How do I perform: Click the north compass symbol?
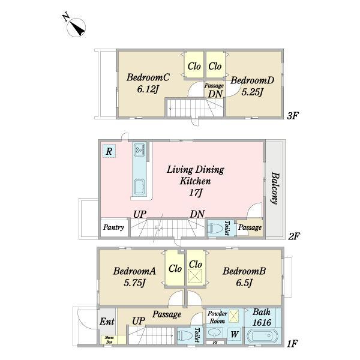[76, 27]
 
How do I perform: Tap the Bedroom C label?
[148, 77]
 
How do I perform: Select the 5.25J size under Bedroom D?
[252, 92]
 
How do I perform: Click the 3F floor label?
[293, 115]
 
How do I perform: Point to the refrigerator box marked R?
[109, 151]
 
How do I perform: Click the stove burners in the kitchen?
[139, 149]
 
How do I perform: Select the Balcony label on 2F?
[275, 188]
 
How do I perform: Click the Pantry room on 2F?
[114, 227]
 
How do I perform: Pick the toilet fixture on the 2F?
[215, 228]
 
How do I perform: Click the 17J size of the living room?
[196, 193]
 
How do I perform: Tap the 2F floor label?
[294, 236]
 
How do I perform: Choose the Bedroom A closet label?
[175, 269]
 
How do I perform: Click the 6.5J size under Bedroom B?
[244, 283]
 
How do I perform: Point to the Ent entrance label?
[107, 322]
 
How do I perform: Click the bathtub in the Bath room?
[262, 337]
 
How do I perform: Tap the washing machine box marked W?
[234, 334]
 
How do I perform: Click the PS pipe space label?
[215, 343]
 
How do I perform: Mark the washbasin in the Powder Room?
[215, 333]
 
